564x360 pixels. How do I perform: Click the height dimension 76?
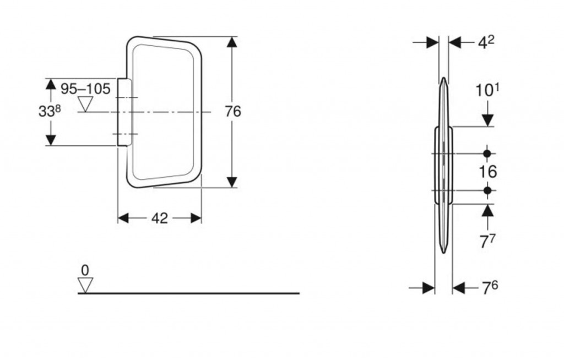pos(233,112)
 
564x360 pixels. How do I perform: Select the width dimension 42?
pos(159,218)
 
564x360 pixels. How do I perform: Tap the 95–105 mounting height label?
pos(85,89)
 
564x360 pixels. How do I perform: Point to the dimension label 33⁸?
pos(50,111)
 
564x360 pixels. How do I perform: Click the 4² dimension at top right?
pos(486,42)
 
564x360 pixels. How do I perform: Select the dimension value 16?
pos(488,172)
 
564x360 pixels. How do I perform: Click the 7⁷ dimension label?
pos(488,241)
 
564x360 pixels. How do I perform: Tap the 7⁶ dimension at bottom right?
pos(490,287)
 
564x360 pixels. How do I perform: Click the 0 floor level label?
pos(85,270)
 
